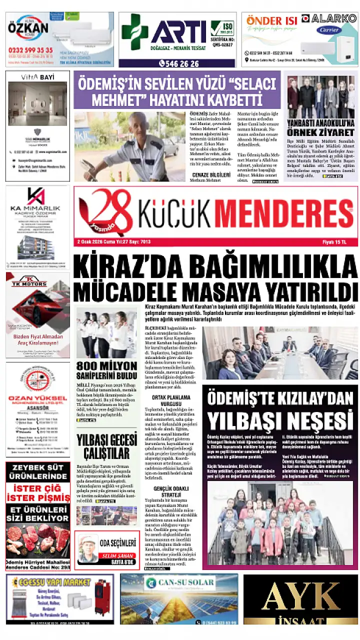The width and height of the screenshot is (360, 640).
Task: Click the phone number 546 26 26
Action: [x=179, y=63]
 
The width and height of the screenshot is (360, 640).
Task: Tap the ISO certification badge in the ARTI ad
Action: [x=222, y=29]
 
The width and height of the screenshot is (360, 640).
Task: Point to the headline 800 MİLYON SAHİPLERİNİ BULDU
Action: [x=106, y=370]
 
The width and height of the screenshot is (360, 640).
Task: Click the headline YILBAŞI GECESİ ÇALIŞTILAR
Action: [x=106, y=446]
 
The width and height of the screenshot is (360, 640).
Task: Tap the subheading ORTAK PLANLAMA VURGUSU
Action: [x=165, y=400]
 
